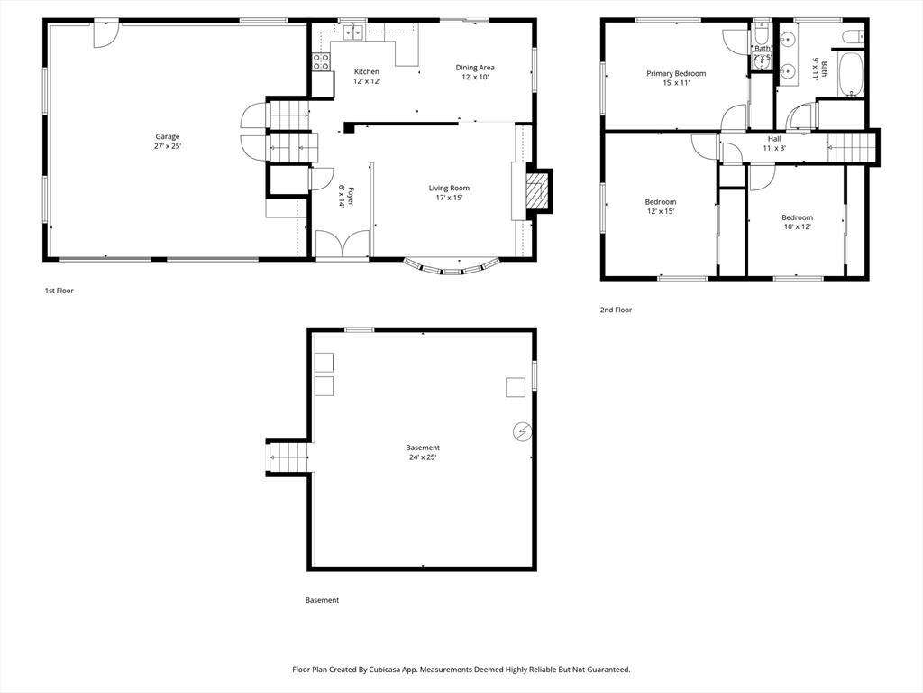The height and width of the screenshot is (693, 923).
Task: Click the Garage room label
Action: click(168, 137)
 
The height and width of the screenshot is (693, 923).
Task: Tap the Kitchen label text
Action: click(367, 72)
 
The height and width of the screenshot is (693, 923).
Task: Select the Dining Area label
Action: click(475, 67)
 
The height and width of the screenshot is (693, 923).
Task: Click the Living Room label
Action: click(449, 188)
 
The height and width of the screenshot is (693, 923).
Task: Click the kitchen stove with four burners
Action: click(321, 62)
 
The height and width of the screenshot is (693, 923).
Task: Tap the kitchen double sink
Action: click(353, 32)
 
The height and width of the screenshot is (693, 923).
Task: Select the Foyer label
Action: click(350, 196)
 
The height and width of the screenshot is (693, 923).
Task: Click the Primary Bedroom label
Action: click(676, 74)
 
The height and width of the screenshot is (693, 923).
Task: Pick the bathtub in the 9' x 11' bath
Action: click(851, 75)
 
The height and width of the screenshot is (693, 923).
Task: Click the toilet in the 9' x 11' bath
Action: click(853, 37)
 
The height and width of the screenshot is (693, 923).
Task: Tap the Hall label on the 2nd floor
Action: click(774, 139)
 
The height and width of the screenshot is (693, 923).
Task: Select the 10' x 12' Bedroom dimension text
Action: click(798, 226)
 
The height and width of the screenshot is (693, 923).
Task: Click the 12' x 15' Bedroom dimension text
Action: click(661, 211)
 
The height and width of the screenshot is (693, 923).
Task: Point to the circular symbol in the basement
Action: click(523, 432)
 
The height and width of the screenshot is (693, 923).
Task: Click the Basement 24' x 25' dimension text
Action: click(423, 457)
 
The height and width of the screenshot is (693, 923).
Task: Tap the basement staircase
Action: click(288, 457)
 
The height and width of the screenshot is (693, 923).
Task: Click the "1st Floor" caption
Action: click(59, 291)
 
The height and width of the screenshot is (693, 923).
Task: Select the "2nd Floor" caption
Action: click(616, 310)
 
